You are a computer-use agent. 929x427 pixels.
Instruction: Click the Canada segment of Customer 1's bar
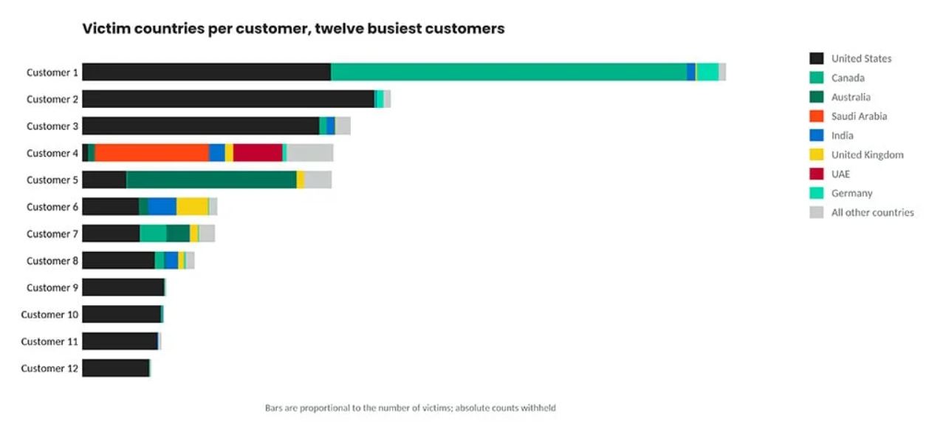(509, 72)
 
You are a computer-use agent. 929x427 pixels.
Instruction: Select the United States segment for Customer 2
(228, 99)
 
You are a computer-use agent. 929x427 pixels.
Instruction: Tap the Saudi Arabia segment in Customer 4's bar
(152, 153)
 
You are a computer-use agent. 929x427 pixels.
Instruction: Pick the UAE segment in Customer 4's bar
(258, 153)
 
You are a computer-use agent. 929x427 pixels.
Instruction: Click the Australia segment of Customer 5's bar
(211, 180)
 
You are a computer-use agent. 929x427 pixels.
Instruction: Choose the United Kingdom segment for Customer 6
(193, 207)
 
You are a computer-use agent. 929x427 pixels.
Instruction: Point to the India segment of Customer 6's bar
(162, 207)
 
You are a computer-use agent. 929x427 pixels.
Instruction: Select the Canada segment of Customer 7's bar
(153, 233)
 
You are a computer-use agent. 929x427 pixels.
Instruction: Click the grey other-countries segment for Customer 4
(310, 153)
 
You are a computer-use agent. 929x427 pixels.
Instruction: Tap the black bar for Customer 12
(116, 368)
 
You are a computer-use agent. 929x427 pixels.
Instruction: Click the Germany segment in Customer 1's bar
(707, 72)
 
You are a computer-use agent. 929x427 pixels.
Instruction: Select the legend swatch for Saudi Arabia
(816, 116)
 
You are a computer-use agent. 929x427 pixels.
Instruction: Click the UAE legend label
(840, 174)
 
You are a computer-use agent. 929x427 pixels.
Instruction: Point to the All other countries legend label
(872, 213)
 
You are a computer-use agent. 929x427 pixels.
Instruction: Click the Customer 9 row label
(52, 287)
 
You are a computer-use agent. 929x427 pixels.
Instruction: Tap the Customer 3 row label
(52, 126)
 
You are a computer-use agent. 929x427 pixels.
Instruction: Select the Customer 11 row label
(49, 341)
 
